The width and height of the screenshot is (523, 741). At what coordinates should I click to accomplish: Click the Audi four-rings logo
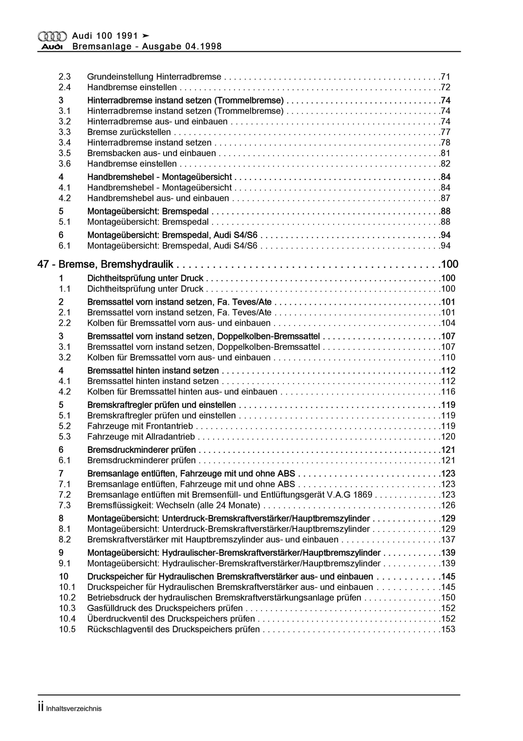pyautogui.click(x=52, y=36)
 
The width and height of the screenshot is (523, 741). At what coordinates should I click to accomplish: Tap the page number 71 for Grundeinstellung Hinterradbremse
pyautogui.click(x=445, y=77)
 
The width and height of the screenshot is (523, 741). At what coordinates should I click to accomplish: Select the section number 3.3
pyautogui.click(x=64, y=132)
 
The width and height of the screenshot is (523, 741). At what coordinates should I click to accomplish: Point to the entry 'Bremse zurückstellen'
pyautogui.click(x=129, y=132)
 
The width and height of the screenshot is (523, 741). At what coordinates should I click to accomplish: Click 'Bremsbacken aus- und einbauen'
pyautogui.click(x=151, y=153)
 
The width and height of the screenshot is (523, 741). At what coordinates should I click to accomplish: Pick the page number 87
pyautogui.click(x=445, y=198)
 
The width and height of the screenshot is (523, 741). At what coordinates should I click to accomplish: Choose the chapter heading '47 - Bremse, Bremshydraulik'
pyautogui.click(x=106, y=265)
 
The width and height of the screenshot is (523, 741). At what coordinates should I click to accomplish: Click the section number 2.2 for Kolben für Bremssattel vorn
pyautogui.click(x=64, y=323)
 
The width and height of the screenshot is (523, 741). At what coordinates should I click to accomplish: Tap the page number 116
pyautogui.click(x=448, y=392)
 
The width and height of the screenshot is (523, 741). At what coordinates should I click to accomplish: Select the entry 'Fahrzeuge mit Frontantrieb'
pyautogui.click(x=140, y=426)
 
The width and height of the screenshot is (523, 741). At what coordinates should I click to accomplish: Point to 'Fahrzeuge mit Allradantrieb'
pyautogui.click(x=141, y=437)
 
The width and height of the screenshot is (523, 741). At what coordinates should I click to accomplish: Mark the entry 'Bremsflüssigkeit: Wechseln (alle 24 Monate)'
pyautogui.click(x=173, y=505)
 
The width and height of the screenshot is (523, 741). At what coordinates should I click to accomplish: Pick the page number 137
pyautogui.click(x=448, y=540)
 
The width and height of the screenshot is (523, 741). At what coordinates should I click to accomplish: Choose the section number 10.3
pyautogui.click(x=67, y=608)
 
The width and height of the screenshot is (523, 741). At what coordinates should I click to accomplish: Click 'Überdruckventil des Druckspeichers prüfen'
pyautogui.click(x=171, y=619)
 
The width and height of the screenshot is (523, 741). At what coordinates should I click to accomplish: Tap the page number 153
pyautogui.click(x=448, y=629)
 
